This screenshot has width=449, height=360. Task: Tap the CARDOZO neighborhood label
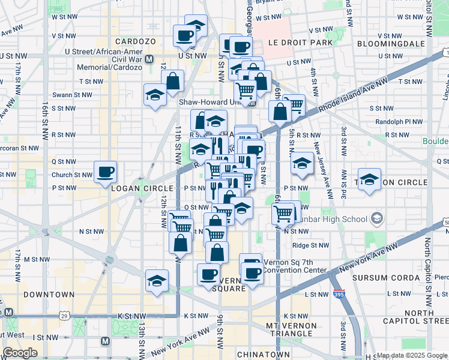click(x=131, y=41)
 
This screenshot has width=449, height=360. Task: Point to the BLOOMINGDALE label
click(x=391, y=44)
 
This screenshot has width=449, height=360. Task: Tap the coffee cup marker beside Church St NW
click(x=106, y=172)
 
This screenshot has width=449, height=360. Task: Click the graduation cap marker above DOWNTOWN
click(x=157, y=280)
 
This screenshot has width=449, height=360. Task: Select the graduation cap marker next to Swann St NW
click(x=155, y=95)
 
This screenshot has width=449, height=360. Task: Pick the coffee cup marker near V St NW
click(x=184, y=35)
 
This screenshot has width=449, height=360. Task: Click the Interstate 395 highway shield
click(x=339, y=295)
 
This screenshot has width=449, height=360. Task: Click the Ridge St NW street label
click(x=310, y=245)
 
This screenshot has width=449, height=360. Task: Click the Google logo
click(x=20, y=353)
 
